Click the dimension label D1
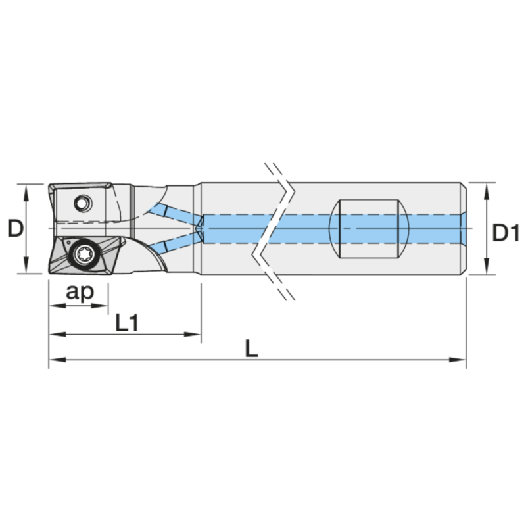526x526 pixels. (506, 233)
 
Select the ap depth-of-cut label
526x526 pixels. (80, 292)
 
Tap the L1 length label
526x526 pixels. (126, 322)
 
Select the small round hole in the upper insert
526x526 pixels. (83, 203)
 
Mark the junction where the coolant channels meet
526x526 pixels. (200, 229)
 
